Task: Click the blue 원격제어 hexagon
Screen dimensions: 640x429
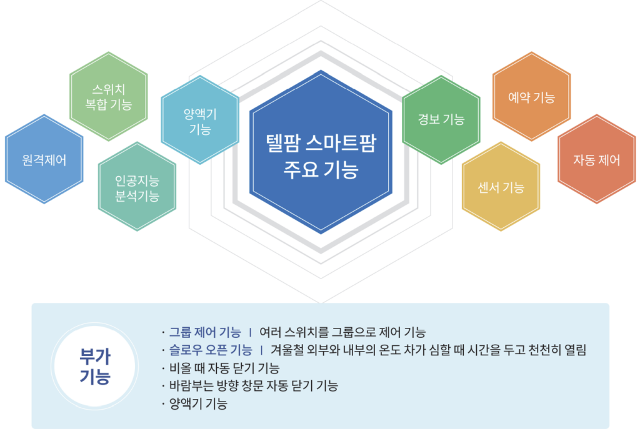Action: tap(44, 159)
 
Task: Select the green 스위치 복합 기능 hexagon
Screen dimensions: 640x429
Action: tap(109, 97)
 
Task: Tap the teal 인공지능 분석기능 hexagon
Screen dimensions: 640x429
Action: tap(137, 187)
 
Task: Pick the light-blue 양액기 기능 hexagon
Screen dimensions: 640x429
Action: tap(200, 120)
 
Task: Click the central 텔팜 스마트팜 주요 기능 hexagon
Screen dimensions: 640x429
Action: tap(321, 152)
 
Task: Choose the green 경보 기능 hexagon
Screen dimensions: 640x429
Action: tap(441, 120)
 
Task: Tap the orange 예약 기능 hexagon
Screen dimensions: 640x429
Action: tap(531, 97)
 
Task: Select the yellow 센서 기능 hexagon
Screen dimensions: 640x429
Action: tap(501, 187)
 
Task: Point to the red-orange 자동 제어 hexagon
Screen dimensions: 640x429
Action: tap(597, 159)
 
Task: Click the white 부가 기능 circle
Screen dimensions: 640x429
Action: tap(95, 366)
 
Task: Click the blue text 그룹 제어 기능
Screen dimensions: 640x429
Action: tap(205, 332)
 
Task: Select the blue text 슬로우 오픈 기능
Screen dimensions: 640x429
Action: tap(211, 350)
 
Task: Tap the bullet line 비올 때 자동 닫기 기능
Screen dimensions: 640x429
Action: tap(224, 368)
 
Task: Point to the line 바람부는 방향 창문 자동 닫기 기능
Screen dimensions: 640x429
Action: tap(254, 386)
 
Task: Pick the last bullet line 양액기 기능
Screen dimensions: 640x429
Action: tap(198, 404)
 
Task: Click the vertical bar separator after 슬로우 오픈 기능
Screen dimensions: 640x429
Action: tap(261, 350)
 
